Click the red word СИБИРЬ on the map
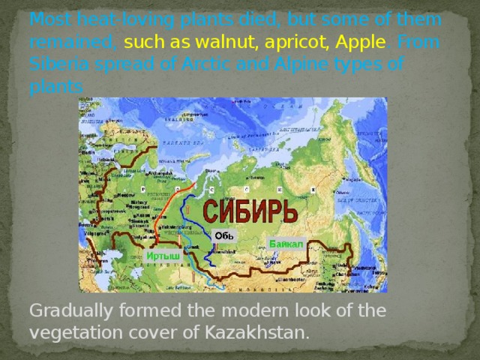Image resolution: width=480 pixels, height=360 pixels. (251, 211)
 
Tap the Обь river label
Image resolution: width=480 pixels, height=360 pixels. (224, 235)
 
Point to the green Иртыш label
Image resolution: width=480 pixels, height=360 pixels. (163, 256)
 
